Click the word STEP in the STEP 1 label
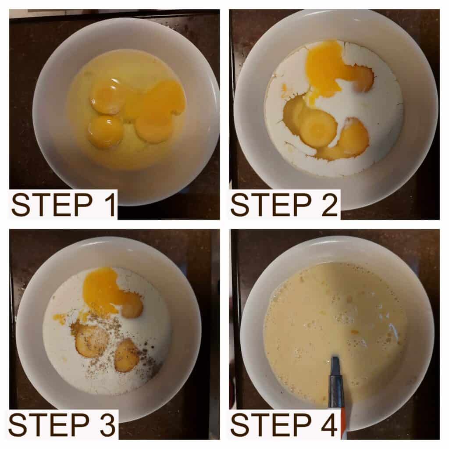52,205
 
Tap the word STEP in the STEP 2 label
271,205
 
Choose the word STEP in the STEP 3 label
49,424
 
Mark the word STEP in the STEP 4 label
271,424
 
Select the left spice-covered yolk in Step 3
92,341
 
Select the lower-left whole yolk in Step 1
105,131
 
